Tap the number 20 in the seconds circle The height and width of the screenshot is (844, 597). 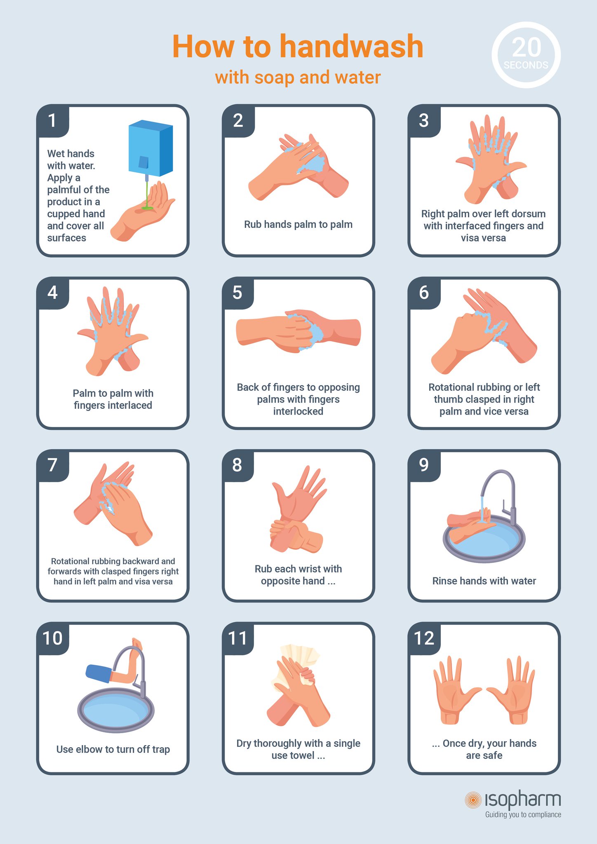click(x=526, y=48)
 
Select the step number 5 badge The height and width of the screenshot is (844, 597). click(x=237, y=293)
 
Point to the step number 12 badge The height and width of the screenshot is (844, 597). click(x=424, y=638)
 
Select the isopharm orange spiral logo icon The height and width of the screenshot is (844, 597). click(x=473, y=800)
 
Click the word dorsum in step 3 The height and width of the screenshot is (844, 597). click(x=529, y=214)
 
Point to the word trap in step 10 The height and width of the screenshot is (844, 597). click(x=161, y=749)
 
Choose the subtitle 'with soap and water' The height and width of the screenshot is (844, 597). click(x=298, y=77)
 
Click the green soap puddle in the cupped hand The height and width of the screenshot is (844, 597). click(x=147, y=209)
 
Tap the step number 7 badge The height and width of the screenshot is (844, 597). click(x=52, y=465)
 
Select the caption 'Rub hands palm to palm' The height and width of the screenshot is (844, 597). click(x=298, y=225)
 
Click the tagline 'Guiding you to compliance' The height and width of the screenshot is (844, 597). click(x=523, y=815)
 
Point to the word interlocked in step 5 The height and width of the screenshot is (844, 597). click(x=298, y=411)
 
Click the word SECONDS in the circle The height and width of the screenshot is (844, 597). click(x=526, y=65)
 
